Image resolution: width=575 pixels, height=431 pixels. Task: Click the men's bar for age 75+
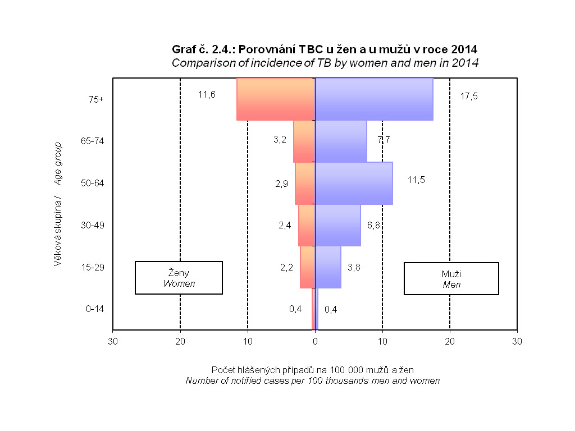374,99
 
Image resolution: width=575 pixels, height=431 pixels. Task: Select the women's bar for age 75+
276,99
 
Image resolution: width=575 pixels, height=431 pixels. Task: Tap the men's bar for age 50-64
354,183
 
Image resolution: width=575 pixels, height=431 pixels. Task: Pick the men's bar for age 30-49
338,225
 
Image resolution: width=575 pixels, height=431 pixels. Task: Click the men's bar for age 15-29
328,267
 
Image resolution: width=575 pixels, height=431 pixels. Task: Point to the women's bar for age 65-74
304,141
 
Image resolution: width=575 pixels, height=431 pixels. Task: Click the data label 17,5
469,96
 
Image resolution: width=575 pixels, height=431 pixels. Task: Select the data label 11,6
207,94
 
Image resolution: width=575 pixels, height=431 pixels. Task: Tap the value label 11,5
417,180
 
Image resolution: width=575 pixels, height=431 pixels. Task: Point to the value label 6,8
375,225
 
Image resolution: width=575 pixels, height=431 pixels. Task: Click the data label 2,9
282,184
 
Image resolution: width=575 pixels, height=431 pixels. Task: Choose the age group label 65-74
93,141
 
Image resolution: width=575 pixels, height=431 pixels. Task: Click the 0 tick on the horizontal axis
315,341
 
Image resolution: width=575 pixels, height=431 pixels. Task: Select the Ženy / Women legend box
179,278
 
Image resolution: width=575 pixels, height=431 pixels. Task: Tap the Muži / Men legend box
451,278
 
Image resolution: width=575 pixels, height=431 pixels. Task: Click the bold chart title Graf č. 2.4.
325,49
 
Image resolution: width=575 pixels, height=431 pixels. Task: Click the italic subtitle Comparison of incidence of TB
325,63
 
